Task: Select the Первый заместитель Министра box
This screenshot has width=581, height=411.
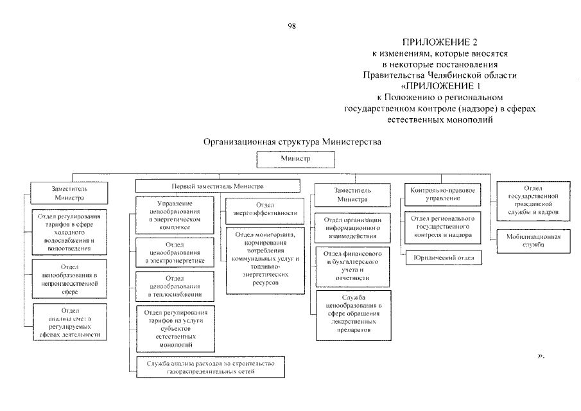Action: click(x=218, y=186)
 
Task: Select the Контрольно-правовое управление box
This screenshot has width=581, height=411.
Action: click(x=443, y=194)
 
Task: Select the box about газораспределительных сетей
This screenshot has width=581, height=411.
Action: click(x=210, y=367)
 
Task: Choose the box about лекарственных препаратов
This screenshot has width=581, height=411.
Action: click(x=353, y=315)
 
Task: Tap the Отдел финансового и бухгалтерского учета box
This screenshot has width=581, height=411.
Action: click(x=353, y=265)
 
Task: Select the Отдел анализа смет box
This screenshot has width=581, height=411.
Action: click(x=70, y=322)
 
